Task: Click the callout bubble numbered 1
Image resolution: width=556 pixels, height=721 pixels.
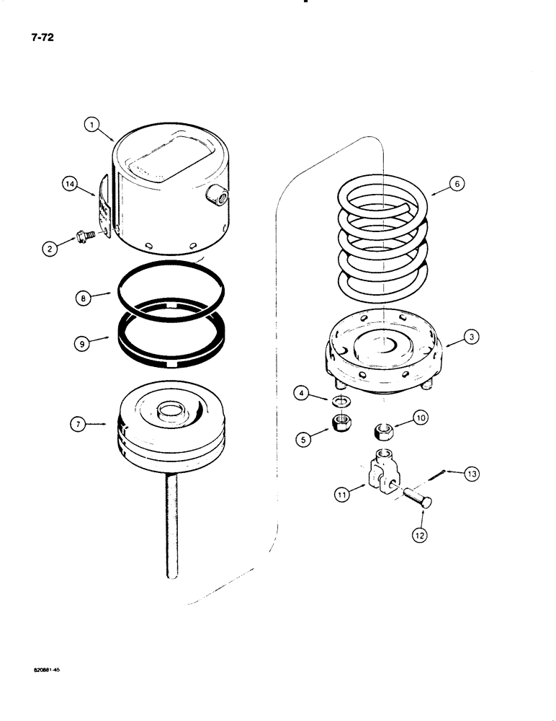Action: [x=90, y=124]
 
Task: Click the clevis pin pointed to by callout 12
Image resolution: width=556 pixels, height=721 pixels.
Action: [x=415, y=498]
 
